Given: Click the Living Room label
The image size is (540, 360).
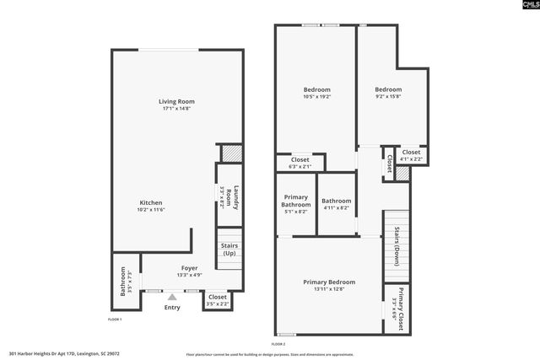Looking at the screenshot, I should click(x=176, y=102).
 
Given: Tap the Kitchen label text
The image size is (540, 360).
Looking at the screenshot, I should click(x=151, y=203).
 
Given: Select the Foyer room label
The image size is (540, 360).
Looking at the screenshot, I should click(x=190, y=268).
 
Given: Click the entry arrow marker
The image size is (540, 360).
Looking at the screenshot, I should click(x=172, y=296).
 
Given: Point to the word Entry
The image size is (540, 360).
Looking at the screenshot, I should click(x=172, y=308).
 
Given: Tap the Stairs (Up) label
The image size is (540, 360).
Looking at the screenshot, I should click(x=229, y=250).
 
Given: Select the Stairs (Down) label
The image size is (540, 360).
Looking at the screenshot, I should click(x=396, y=244).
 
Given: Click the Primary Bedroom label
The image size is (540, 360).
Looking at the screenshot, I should click(x=329, y=282).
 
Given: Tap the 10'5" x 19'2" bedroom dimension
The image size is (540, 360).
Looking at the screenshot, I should click(x=317, y=96).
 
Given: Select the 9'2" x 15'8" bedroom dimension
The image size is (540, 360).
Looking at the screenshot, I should click(x=388, y=96).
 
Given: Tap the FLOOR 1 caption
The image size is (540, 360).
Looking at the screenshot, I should click(x=115, y=320).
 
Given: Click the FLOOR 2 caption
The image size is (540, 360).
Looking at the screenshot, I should click(x=278, y=344).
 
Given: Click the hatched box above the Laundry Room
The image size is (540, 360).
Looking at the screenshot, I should click(x=230, y=153).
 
